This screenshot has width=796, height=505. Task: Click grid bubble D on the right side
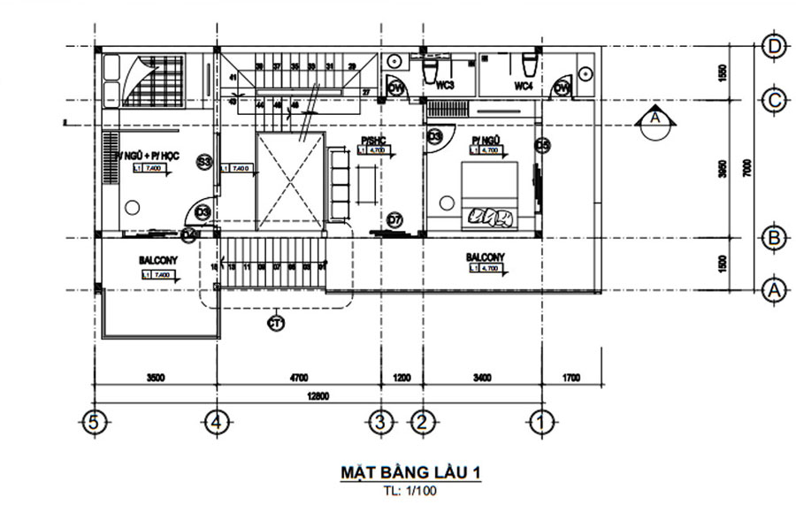point(775,45)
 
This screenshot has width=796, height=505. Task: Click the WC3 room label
point(446,85)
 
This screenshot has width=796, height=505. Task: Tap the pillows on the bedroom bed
point(489,215)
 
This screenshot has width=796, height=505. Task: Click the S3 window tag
point(204,162)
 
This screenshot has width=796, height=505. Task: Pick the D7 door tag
point(394,219)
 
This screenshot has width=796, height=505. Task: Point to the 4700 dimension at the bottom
point(299,378)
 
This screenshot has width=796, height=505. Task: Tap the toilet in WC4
point(529,64)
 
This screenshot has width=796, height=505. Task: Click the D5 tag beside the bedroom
point(543,144)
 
